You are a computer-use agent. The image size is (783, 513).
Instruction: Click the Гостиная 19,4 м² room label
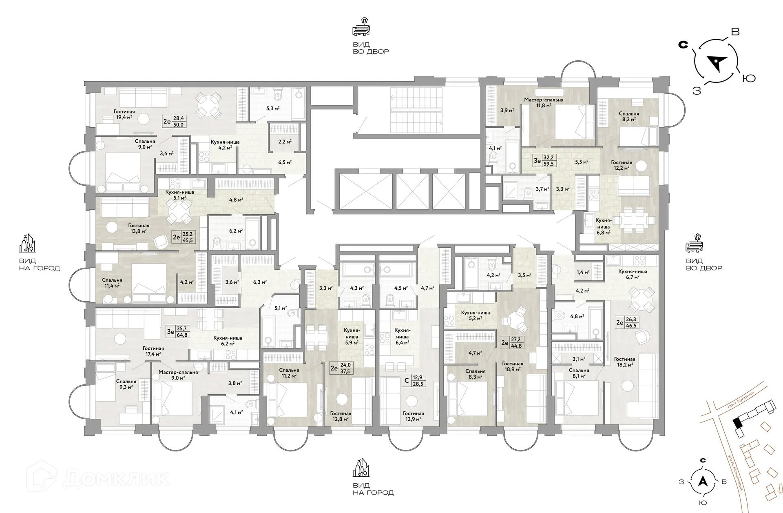click(124, 114)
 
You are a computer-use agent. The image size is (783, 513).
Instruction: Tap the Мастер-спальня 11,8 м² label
click(544, 102)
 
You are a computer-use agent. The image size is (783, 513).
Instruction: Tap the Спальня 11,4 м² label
click(112, 283)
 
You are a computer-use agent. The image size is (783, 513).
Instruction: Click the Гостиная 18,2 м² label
click(624, 362)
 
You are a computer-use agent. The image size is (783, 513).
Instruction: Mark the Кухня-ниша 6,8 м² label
click(603, 226)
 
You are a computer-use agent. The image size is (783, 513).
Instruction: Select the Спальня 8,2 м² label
click(629, 117)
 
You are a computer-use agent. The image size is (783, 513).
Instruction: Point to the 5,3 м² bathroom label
click(272, 108)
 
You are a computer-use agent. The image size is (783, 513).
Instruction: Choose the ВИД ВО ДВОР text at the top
click(371, 48)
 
